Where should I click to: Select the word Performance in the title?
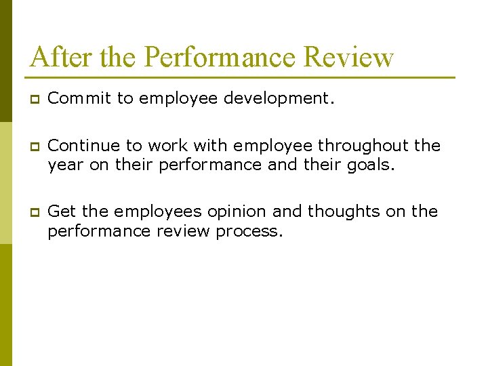(x=220, y=57)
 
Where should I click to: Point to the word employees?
(x=157, y=212)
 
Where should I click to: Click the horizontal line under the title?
(x=241, y=77)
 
